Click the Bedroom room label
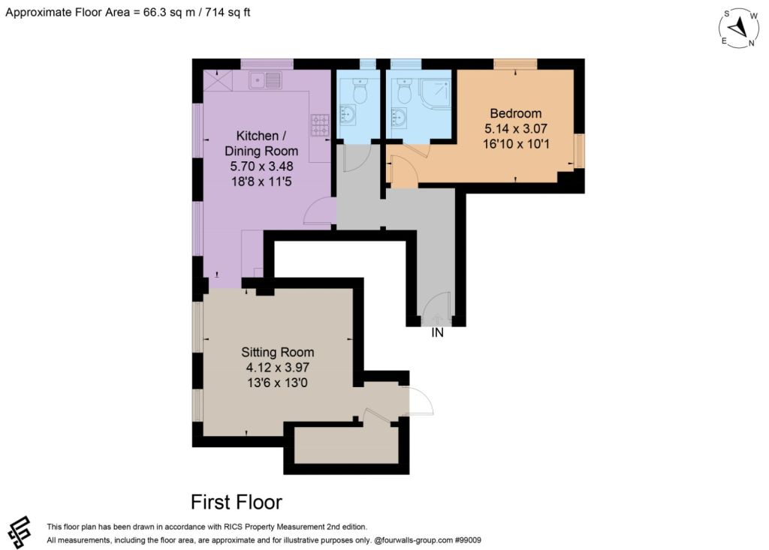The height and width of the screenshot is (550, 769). pos(515,113)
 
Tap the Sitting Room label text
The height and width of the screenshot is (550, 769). pos(278,352)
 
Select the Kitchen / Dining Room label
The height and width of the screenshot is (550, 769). pos(261,143)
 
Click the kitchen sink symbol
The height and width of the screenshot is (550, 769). pos(265,80)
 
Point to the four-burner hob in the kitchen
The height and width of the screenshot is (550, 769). pos(320,125)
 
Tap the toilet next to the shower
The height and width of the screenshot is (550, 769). pos(405,92)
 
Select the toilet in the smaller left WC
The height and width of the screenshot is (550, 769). pos(360,92)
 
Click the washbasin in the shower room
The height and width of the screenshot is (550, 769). pos(398,118)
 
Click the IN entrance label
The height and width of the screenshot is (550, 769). pos(437,333)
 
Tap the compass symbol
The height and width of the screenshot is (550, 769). pos(739,29)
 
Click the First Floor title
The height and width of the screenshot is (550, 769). pos(237,502)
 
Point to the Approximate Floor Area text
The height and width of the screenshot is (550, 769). pos(128,12)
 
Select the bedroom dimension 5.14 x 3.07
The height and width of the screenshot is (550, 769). pos(515,128)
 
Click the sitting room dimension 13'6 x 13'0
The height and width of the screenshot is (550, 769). pos(278,383)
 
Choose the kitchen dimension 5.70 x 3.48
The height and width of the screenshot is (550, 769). pos(261,166)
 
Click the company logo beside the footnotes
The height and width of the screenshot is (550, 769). pos(20,532)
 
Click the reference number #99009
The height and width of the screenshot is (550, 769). pos(468,540)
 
